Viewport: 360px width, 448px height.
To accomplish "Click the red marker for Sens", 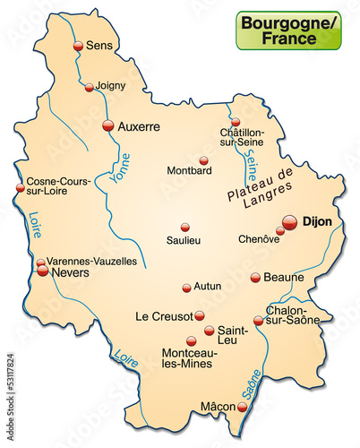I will [78, 46].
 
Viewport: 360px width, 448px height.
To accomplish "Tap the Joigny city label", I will [111, 86].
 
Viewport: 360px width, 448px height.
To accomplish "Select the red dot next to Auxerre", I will [108, 126].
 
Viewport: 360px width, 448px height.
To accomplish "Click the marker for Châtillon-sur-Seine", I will [236, 123].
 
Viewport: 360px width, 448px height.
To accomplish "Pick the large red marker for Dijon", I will [289, 221].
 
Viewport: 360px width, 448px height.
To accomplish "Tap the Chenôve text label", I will [260, 239].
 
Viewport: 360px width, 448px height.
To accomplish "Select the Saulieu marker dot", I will [185, 227].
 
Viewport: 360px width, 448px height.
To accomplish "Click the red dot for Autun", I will [186, 288].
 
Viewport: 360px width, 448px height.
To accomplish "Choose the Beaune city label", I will [286, 278].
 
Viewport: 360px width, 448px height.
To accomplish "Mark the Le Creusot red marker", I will [200, 315].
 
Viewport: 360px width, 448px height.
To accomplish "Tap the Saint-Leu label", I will [232, 335].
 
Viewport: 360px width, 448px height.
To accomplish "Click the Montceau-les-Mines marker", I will [191, 340].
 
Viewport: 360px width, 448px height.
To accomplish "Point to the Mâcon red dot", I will [242, 407].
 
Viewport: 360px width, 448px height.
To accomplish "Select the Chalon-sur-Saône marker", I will [258, 321].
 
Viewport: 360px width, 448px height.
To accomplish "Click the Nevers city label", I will [73, 271].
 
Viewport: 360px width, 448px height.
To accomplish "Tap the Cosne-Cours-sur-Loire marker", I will [20, 188].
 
